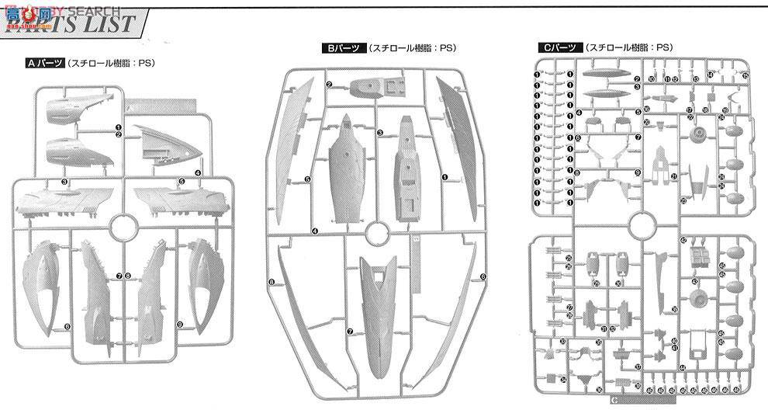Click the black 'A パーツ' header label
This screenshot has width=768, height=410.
click(42, 64)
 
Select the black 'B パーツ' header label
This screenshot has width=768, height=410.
click(341, 48)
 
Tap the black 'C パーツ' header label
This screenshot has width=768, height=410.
click(556, 48)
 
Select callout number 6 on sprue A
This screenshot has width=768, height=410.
click(67, 327)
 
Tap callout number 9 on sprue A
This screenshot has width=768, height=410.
click(179, 324)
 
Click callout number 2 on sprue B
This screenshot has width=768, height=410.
click(329, 84)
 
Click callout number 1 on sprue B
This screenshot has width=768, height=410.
click(445, 177)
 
